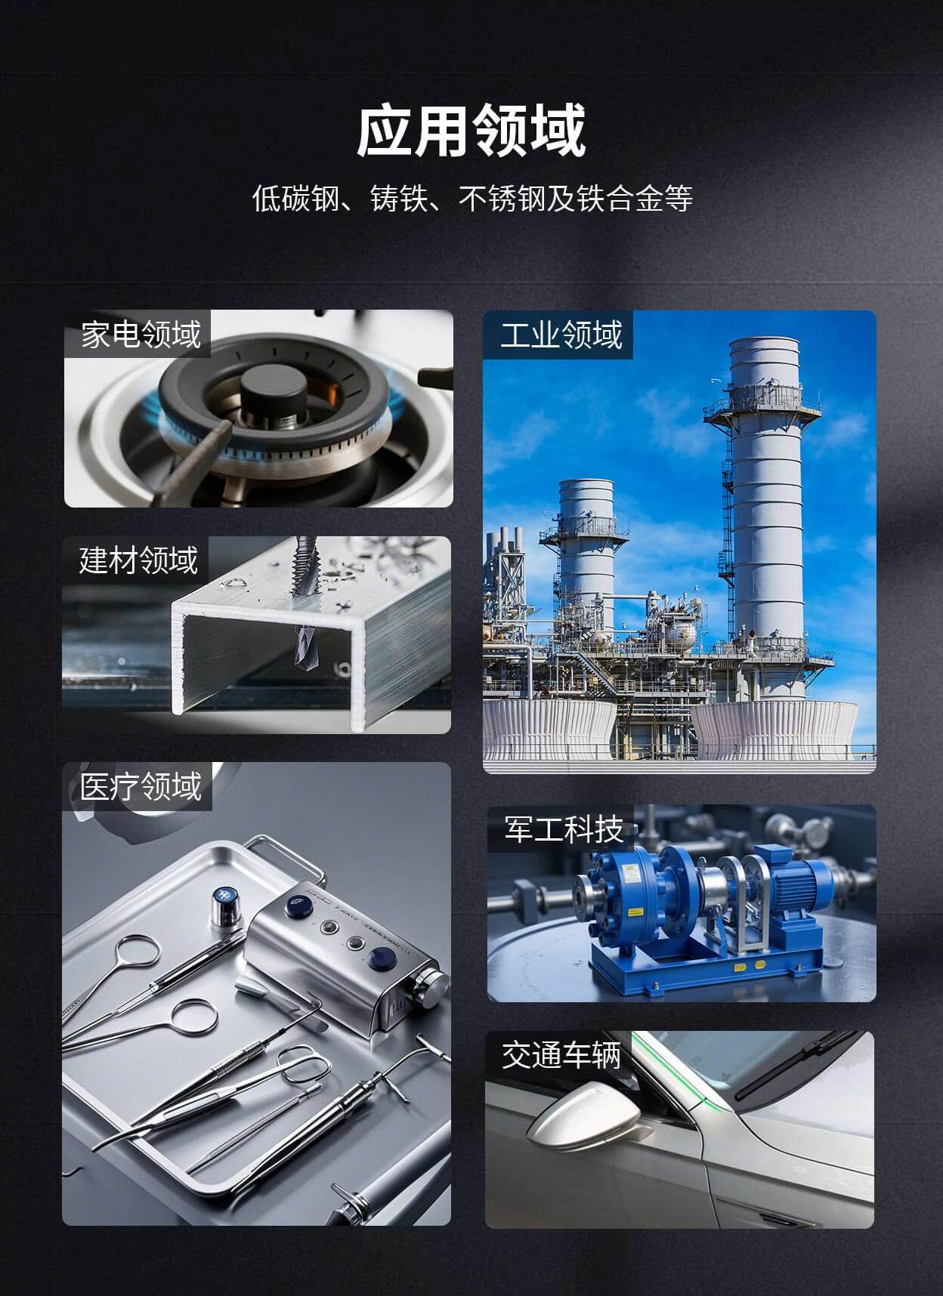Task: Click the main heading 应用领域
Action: pyautogui.click(x=471, y=131)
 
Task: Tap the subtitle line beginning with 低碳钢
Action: pyautogui.click(x=472, y=199)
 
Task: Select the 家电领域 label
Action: pyautogui.click(x=141, y=334)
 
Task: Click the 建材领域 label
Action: pyautogui.click(x=139, y=560)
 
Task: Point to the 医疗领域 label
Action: pyautogui.click(x=141, y=786)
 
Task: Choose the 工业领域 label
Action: pyautogui.click(x=561, y=334)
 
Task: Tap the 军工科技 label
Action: pyautogui.click(x=564, y=829)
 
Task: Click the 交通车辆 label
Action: pyautogui.click(x=561, y=1054)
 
